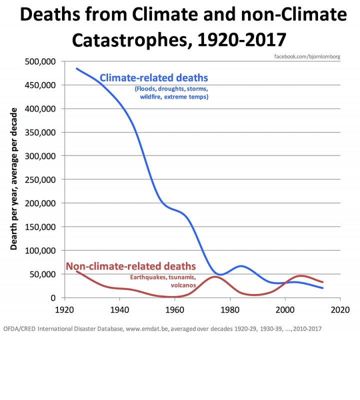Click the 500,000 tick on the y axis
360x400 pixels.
[41, 61]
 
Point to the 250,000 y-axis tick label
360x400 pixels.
[41, 179]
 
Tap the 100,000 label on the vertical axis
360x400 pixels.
[41, 250]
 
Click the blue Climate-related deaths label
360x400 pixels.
[154, 78]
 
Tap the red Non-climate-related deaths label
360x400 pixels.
[130, 266]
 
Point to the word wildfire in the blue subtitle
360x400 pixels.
[152, 96]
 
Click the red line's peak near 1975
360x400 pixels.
[215, 276]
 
